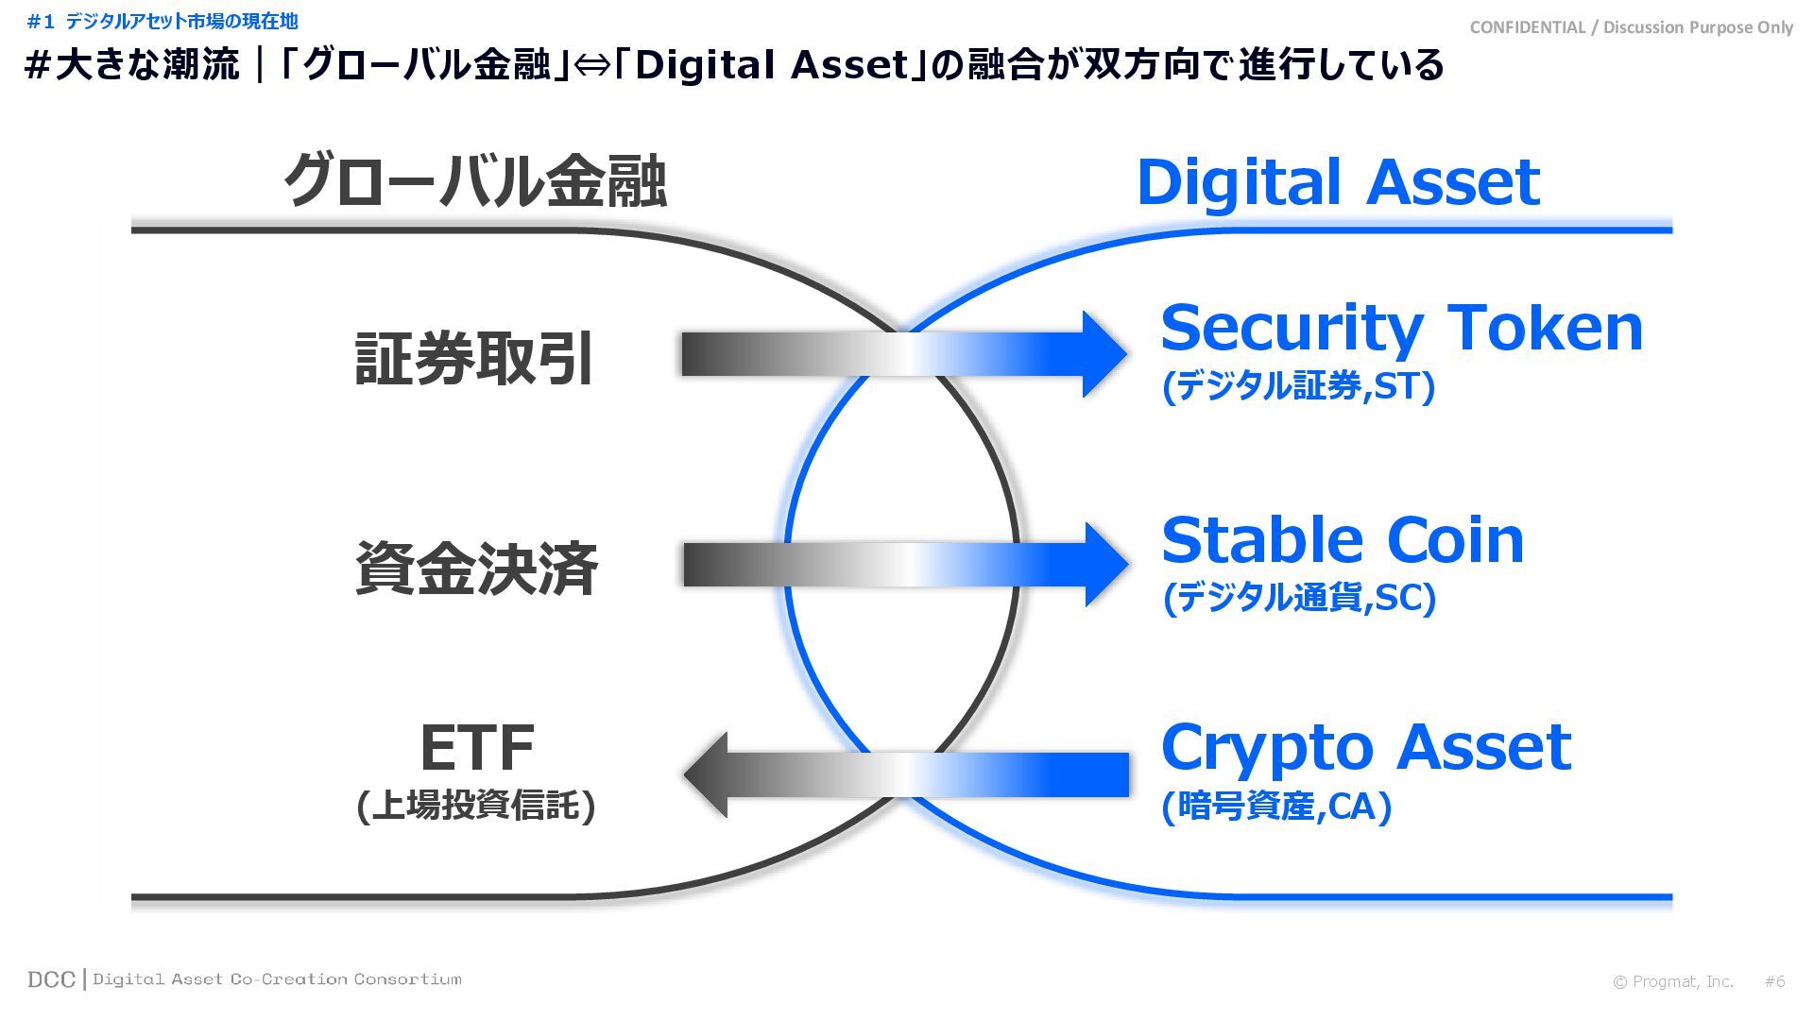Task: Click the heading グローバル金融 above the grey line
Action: [x=475, y=181]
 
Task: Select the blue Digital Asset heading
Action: [x=1338, y=181]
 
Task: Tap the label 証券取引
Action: [x=474, y=359]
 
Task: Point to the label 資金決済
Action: [x=476, y=569]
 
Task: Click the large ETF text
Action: [x=476, y=748]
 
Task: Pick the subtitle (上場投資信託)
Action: [x=476, y=806]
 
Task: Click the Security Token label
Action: [x=1401, y=328]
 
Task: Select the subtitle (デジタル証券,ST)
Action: [x=1298, y=386]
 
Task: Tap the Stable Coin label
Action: [x=1343, y=540]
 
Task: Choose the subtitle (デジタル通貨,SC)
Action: [x=1299, y=598]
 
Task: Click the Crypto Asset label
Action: [x=1365, y=747]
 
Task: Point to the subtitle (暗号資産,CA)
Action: [x=1276, y=807]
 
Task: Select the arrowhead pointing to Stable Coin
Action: [x=1104, y=565]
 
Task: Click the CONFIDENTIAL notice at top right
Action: [x=1631, y=27]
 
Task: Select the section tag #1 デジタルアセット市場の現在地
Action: [x=163, y=21]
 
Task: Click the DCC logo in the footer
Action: [x=51, y=980]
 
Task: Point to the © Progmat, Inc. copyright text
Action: [x=1672, y=982]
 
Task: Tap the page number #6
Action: [x=1774, y=982]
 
